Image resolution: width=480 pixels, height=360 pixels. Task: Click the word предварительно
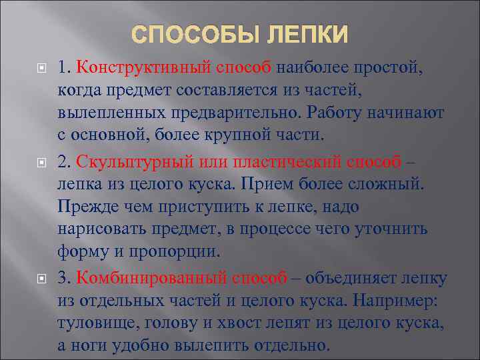click(x=242, y=113)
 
